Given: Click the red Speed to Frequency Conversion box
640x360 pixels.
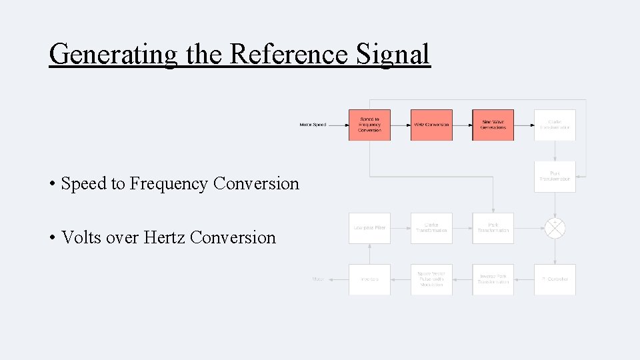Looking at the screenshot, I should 369,125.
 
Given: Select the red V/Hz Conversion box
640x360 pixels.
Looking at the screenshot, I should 431,125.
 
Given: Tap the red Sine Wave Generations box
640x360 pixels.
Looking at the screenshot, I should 493,125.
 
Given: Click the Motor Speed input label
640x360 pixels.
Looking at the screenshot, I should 313,125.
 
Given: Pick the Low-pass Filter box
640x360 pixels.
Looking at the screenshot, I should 369,228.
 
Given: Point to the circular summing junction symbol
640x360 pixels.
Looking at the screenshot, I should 555,228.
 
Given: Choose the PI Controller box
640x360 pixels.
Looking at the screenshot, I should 555,279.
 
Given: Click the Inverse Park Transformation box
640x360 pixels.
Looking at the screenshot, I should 493,279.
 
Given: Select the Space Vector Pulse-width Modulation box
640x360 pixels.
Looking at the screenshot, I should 431,279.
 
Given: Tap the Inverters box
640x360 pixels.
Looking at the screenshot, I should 369,279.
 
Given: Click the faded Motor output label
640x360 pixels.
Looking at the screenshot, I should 318,279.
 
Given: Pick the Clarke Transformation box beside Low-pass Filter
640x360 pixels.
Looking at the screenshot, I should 431,228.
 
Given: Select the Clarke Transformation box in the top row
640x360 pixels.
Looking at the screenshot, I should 555,125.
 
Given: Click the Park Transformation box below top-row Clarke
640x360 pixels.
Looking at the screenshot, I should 555,177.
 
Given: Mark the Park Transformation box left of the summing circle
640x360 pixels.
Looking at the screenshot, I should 493,228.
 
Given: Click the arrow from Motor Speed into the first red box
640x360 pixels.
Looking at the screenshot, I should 338,125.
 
